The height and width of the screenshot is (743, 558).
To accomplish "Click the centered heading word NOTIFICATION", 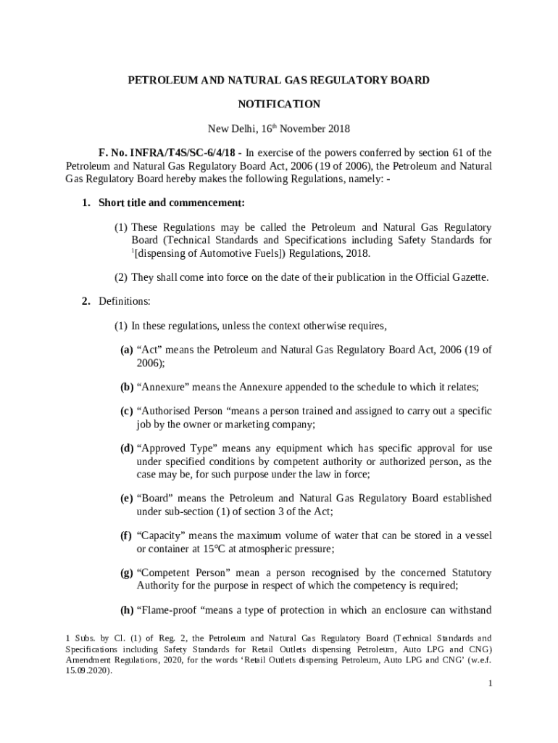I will click(279, 104).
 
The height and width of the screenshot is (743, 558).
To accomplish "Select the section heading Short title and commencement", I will click(172, 202).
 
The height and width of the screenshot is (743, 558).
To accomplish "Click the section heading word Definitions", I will click(124, 300).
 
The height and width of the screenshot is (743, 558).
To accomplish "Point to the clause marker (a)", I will click(126, 350).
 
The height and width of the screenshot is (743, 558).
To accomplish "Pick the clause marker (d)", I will click(126, 448).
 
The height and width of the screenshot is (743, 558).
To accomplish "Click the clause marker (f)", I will click(126, 535).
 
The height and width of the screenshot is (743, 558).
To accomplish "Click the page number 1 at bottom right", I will click(490, 684).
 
